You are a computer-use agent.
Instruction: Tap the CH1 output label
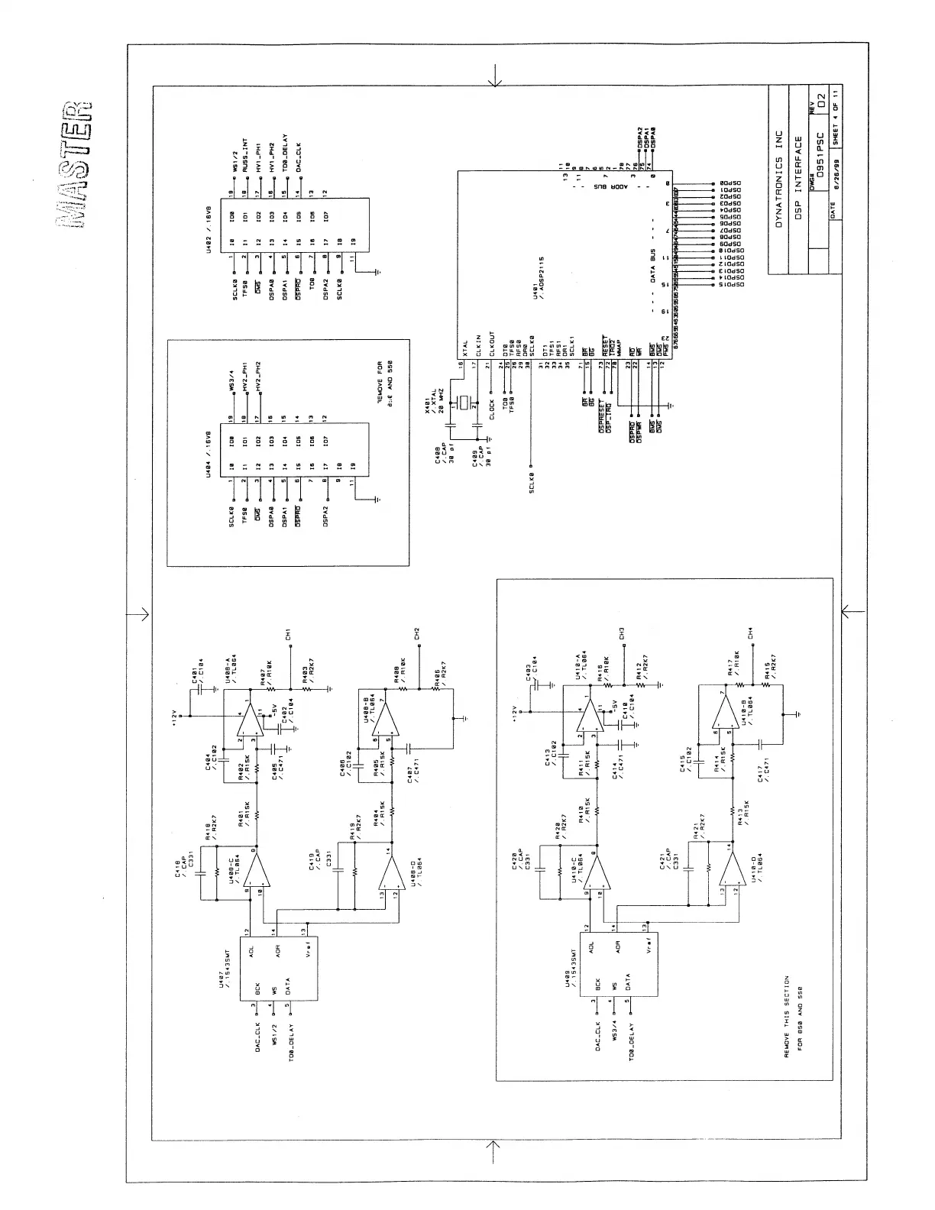pyautogui.click(x=289, y=634)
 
